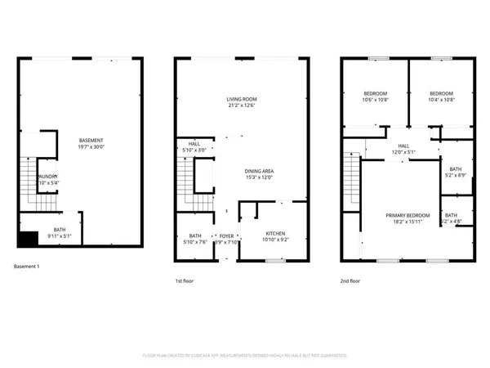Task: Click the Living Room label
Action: pyautogui.click(x=241, y=102)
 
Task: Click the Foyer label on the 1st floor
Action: pyautogui.click(x=226, y=239)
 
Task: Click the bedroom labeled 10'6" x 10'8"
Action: pyautogui.click(x=375, y=96)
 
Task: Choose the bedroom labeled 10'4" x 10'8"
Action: pyautogui.click(x=441, y=96)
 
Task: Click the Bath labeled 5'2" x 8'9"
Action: pyautogui.click(x=456, y=173)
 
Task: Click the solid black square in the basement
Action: pyautogui.click(x=28, y=240)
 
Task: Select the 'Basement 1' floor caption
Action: pyautogui.click(x=32, y=267)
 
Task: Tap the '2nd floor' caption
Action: pyautogui.click(x=352, y=280)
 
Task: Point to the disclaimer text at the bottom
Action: pyautogui.click(x=244, y=356)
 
